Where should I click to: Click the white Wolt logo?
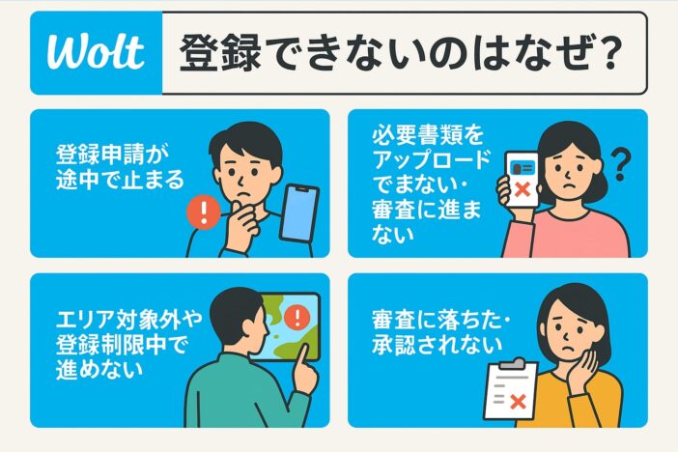[95, 52]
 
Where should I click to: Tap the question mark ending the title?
[610, 53]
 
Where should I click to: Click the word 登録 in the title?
[220, 53]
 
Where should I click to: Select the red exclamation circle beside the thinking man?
[204, 212]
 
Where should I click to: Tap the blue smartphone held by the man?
[299, 212]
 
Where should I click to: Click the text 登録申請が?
[112, 154]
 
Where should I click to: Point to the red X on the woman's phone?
[523, 189]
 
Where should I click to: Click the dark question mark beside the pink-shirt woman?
[622, 165]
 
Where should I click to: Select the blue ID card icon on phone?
[523, 167]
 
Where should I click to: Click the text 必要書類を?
[428, 135]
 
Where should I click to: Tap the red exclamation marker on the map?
[297, 317]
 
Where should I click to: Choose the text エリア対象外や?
[128, 320]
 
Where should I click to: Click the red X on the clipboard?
[518, 402]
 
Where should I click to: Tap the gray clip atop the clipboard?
[515, 363]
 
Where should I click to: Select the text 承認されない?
[438, 345]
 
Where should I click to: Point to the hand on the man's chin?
[242, 225]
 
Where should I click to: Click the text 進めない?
[99, 370]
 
